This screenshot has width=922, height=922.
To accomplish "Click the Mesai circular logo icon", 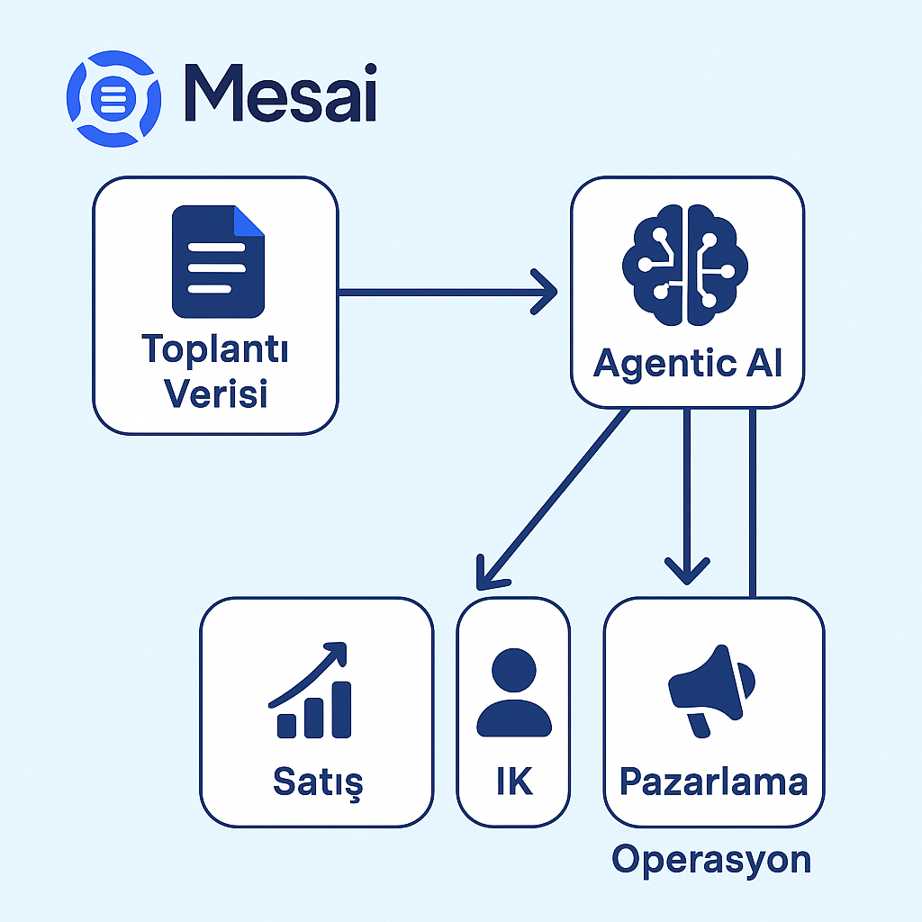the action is pos(113,98).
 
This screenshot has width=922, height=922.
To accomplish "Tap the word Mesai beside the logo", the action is pos(281,93).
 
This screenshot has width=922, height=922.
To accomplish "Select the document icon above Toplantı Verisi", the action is pos(218,262).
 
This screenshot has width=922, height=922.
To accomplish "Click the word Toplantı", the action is pos(215,349).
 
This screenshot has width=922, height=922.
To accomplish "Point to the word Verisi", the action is pos(215,393).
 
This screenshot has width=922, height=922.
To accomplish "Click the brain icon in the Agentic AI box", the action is pos(685,265).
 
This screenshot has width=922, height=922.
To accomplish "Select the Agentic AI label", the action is pos(687,364).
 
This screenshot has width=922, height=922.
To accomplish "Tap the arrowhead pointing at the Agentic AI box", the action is pos(544,292).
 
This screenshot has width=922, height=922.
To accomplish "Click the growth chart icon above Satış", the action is pos(310,690).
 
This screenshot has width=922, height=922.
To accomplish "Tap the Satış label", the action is pos(318,782).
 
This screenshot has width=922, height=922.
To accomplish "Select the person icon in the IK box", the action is pos(514,692).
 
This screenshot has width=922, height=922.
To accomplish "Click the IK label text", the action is pos(514,781).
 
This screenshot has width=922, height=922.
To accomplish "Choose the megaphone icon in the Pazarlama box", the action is pos(711,691).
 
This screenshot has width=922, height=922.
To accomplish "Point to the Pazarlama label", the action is pos(714,782).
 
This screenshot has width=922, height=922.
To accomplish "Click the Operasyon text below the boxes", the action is pos(711,860).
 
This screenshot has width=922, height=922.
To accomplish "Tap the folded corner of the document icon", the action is pos(249,221).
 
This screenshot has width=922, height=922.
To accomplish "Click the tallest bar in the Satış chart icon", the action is pos(341,710).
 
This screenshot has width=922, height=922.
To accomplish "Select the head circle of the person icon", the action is pos(514,670).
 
